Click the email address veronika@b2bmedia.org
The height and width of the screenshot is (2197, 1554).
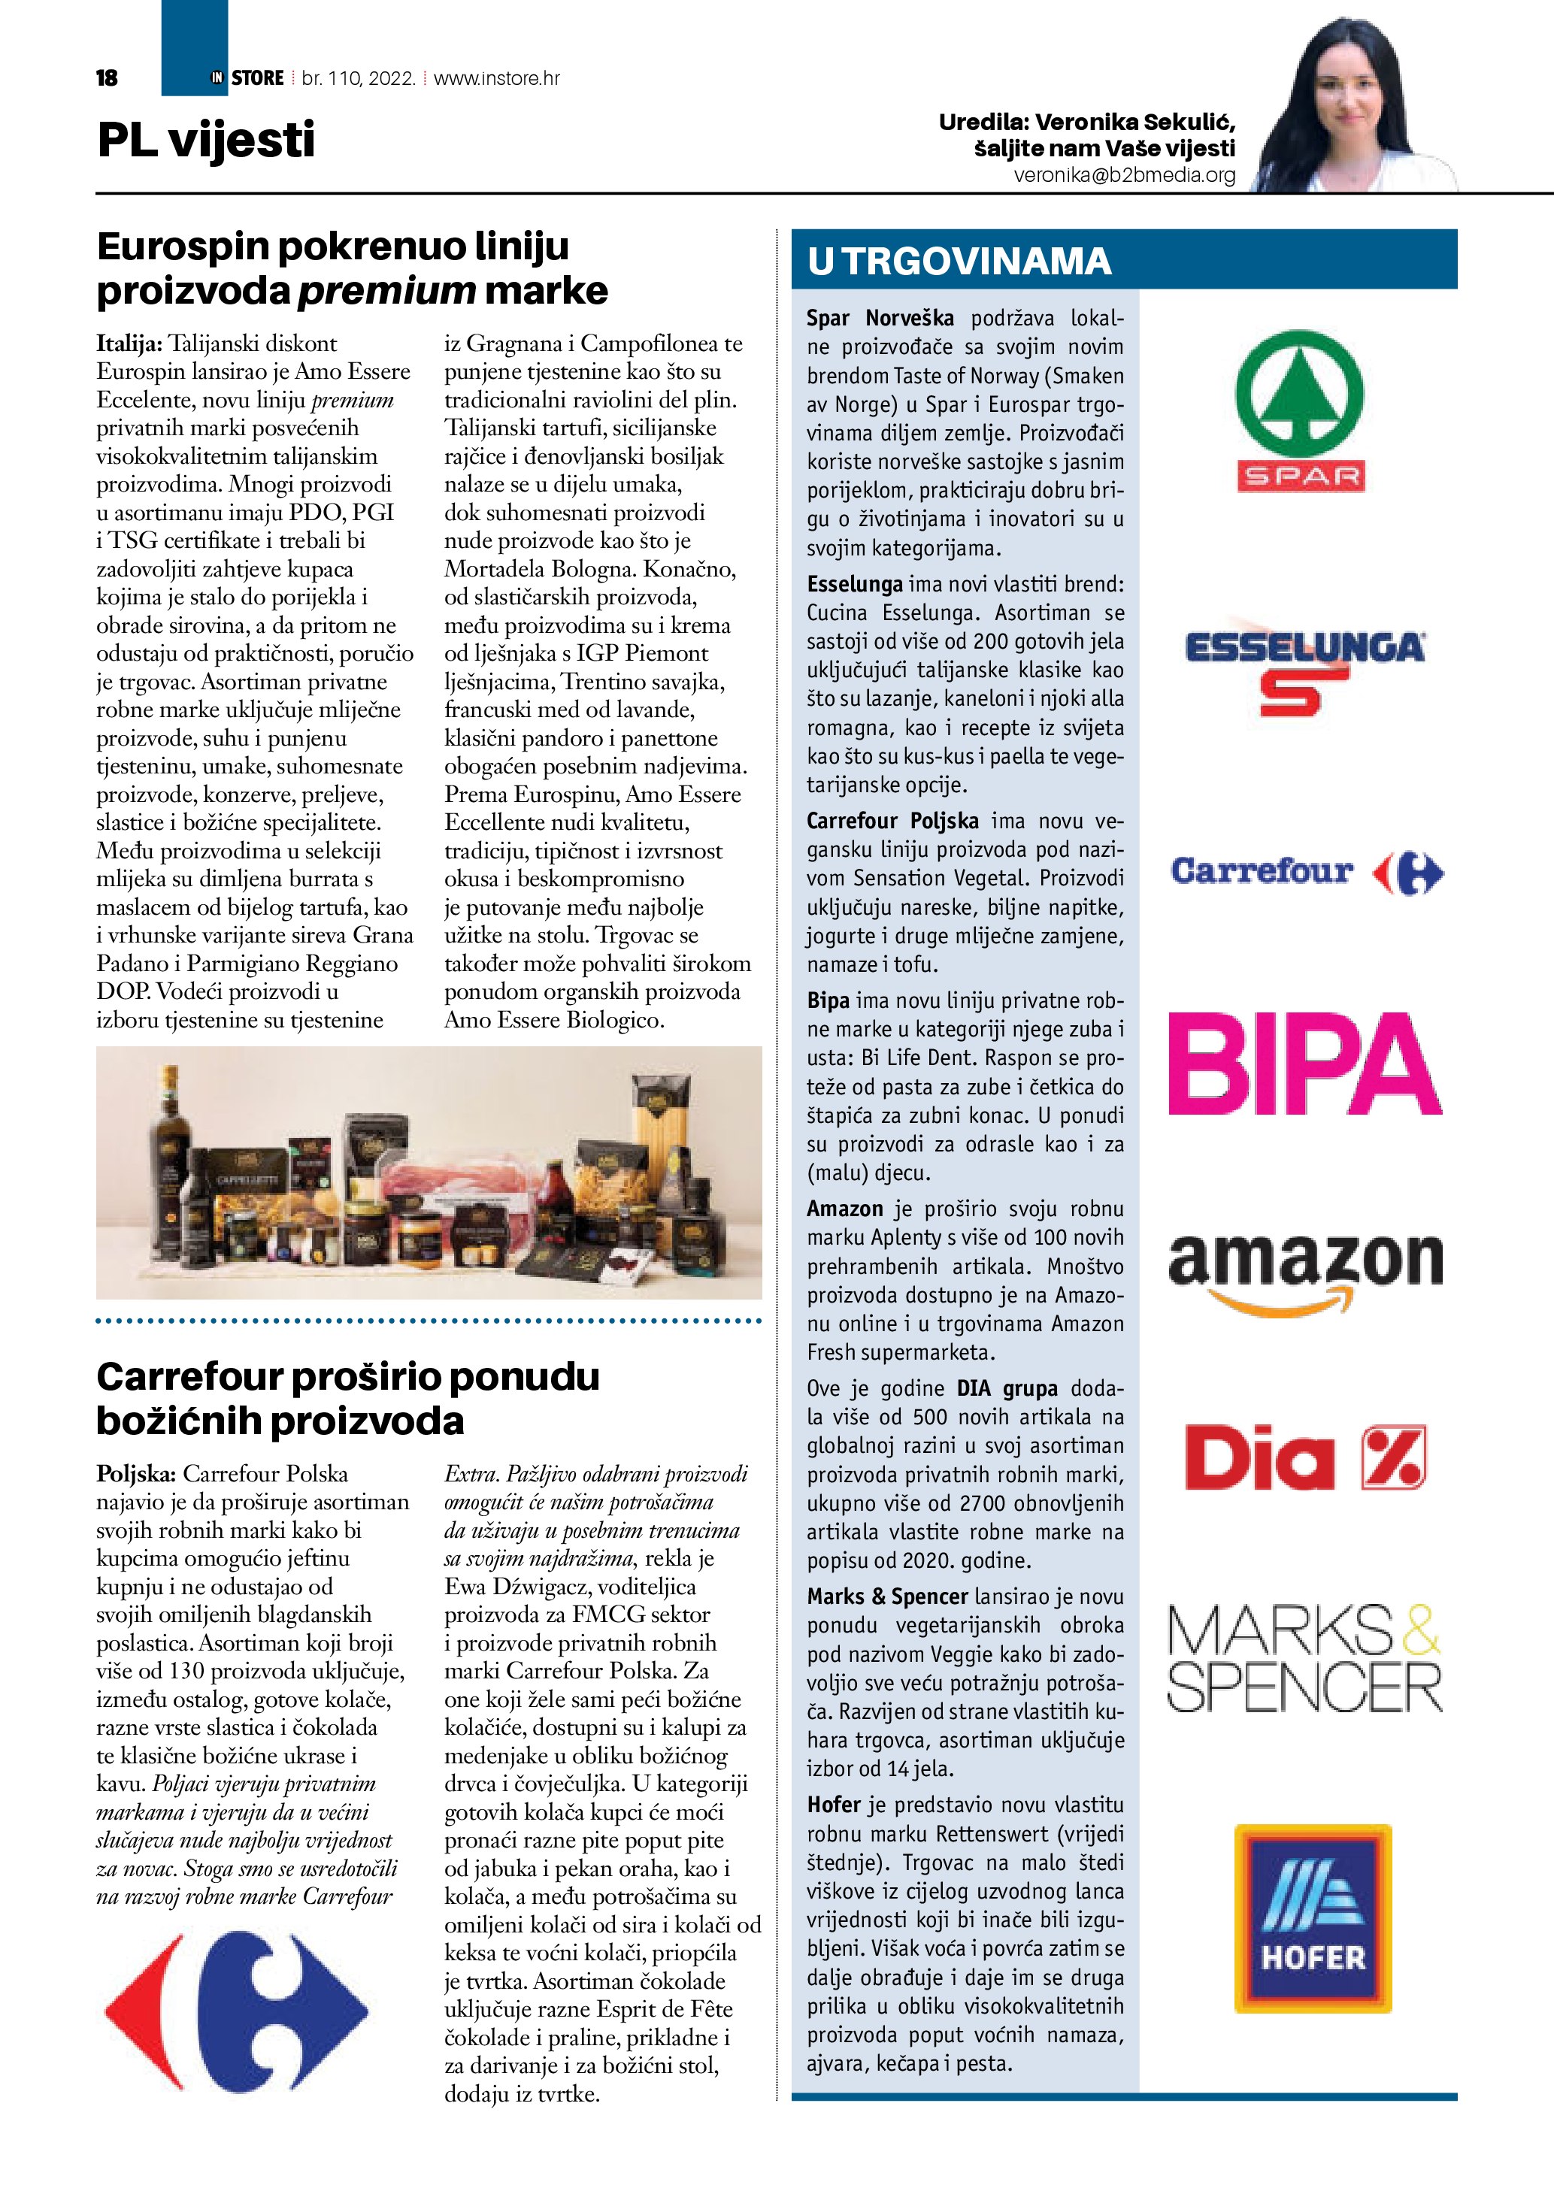pyautogui.click(x=1125, y=176)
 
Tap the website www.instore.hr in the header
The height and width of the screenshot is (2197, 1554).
pyautogui.click(x=497, y=78)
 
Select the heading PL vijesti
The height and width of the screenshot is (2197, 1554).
pyautogui.click(x=206, y=140)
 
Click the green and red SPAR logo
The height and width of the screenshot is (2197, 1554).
pyautogui.click(x=1299, y=410)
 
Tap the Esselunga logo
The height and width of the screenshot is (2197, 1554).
pyautogui.click(x=1304, y=667)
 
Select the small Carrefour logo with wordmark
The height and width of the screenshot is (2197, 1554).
pyautogui.click(x=1306, y=872)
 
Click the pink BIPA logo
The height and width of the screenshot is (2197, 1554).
pyautogui.click(x=1305, y=1064)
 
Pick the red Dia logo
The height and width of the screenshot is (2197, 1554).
pyautogui.click(x=1305, y=1457)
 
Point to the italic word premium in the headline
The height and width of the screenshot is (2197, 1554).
pyautogui.click(x=386, y=291)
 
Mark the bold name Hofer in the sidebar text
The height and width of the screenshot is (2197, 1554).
pyautogui.click(x=834, y=1805)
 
